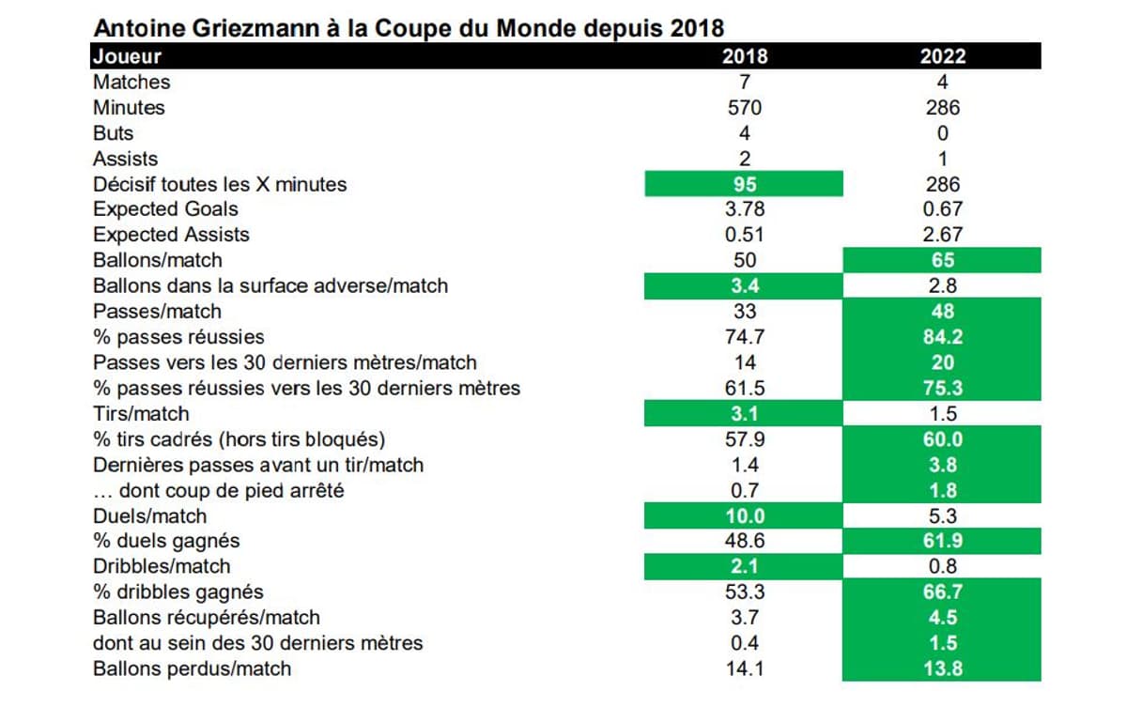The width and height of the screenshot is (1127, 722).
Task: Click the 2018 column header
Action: click(744, 56)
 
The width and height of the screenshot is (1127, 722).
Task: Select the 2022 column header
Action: click(942, 56)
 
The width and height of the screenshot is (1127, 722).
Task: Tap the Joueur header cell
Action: click(128, 56)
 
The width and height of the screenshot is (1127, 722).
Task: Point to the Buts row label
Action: click(114, 133)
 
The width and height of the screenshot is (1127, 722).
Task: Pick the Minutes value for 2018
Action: click(744, 108)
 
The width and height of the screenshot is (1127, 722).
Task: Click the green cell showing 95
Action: click(744, 184)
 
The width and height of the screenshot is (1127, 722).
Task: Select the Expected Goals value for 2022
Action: click(942, 209)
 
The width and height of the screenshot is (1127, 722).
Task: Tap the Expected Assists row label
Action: click(172, 235)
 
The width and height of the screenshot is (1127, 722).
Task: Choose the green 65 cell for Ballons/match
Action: click(942, 260)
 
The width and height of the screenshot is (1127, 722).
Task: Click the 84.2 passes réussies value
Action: click(942, 337)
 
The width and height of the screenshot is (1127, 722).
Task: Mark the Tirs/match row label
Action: click(141, 413)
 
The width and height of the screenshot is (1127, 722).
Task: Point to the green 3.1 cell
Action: click(744, 413)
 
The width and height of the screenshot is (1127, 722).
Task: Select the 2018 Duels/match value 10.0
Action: click(744, 515)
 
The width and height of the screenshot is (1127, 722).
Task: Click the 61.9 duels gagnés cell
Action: click(942, 541)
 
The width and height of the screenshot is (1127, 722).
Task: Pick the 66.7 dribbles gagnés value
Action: click(942, 592)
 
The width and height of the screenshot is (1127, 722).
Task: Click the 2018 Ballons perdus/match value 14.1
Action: click(744, 668)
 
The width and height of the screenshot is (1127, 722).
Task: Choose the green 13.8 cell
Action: click(942, 668)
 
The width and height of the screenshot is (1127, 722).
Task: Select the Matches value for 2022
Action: click(942, 83)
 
